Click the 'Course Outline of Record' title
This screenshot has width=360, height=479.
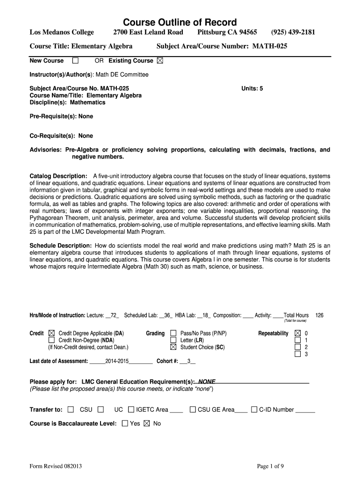180,22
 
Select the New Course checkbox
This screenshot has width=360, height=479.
75,61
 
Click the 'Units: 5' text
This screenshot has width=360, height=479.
252,88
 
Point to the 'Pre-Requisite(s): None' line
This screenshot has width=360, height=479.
61,116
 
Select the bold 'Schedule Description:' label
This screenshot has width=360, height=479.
61,246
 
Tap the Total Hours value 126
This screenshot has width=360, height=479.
319,315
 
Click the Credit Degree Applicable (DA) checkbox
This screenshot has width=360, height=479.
51,334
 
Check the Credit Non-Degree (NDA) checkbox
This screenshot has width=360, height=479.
51,340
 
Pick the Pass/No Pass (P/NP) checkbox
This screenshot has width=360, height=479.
173,334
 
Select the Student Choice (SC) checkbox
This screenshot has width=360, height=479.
173,347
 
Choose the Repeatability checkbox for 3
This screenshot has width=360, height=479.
298,354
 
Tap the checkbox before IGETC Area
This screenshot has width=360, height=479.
131,410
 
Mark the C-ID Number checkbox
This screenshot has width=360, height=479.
254,410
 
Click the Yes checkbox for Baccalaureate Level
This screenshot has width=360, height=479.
125,423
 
